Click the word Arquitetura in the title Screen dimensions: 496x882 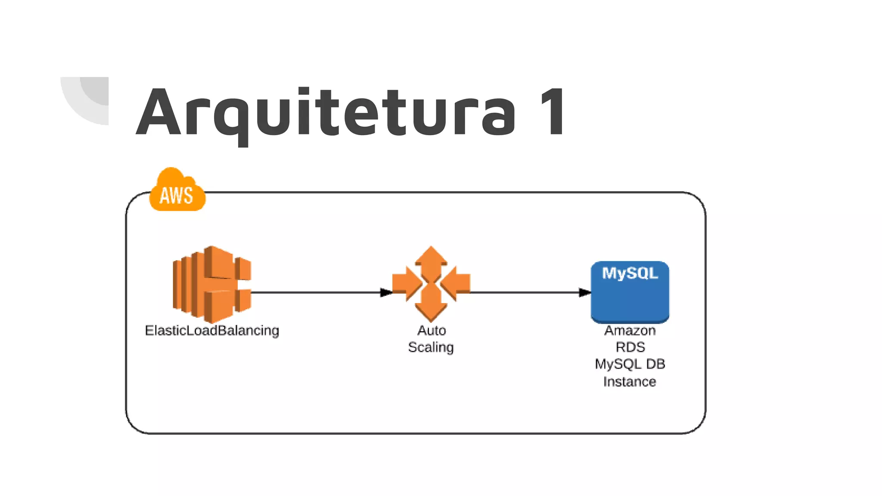coord(325,113)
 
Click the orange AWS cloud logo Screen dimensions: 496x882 coord(177,192)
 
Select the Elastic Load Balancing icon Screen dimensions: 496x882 coord(211,284)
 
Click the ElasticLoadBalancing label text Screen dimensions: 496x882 coord(212,331)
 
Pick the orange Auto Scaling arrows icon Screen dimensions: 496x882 coord(431,284)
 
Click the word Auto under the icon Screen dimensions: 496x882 coord(432,331)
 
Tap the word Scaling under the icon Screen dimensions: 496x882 coord(431,347)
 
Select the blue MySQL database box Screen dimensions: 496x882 coord(630,297)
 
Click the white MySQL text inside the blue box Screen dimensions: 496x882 coord(630,273)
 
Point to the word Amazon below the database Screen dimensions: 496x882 coord(630,331)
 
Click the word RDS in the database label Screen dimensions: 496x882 coord(630,347)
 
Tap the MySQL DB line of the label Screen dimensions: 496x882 coord(630,364)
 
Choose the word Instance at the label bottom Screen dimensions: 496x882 coord(629,381)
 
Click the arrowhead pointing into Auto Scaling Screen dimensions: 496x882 coord(386,293)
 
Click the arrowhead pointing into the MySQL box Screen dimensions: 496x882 coord(584,293)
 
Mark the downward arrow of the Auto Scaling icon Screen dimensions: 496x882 coord(431,308)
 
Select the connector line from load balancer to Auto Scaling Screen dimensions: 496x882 coord(314,293)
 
